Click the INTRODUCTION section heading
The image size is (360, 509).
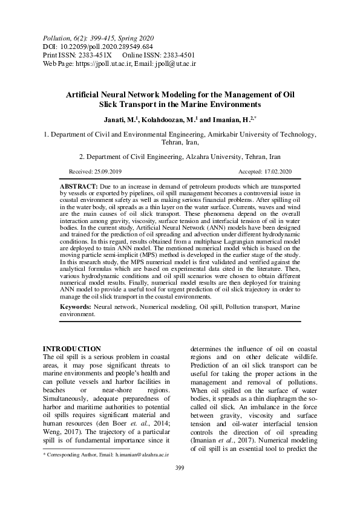pyautogui.click(x=71, y=349)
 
